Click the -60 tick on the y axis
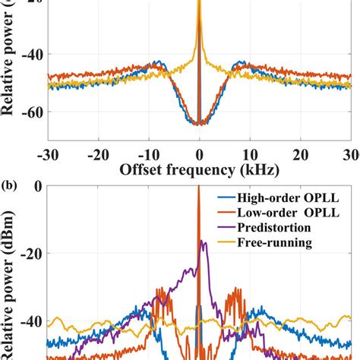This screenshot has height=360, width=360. click(35, 111)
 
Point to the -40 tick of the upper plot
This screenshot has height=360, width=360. click(35, 54)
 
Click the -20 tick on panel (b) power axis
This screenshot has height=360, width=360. click(35, 253)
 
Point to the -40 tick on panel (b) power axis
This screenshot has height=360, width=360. click(35, 321)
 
